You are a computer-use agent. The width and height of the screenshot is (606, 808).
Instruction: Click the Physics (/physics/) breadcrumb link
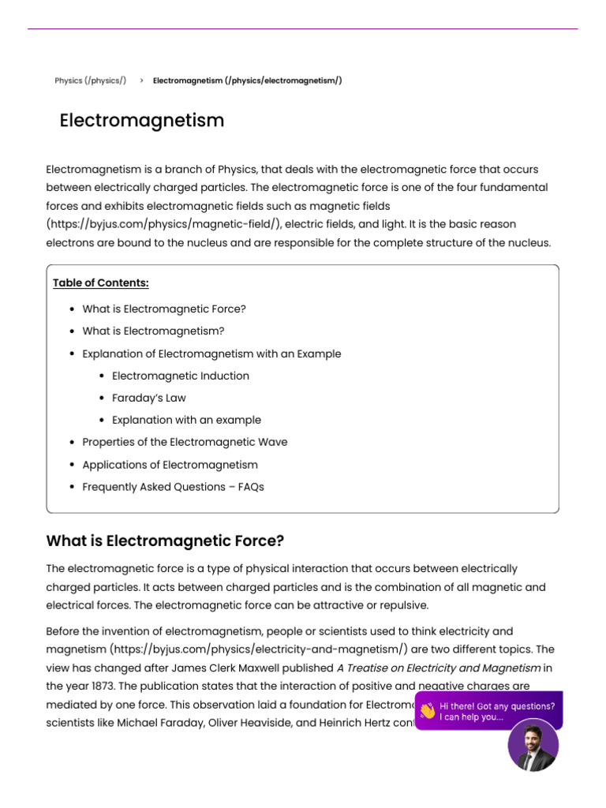coord(90,80)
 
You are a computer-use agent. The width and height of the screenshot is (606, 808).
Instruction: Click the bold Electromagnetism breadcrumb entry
coord(247,80)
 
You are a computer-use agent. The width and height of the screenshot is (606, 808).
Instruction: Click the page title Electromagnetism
coord(142,121)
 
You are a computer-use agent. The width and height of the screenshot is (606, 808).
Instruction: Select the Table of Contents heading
coord(101,283)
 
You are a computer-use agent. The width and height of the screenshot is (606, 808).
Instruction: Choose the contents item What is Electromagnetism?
coord(153,331)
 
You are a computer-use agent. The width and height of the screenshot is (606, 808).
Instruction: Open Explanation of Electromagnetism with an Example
coord(211,353)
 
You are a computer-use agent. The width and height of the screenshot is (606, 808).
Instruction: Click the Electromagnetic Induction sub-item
coord(180,376)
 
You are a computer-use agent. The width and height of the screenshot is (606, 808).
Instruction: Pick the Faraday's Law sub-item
coord(149,398)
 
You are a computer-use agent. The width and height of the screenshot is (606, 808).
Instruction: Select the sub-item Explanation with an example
coord(186,420)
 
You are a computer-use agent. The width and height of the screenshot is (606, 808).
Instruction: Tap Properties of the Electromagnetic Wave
coord(185,442)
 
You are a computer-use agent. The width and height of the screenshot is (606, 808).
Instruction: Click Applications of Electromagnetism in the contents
coord(170,465)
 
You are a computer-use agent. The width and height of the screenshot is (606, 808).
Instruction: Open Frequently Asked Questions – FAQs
coord(173,487)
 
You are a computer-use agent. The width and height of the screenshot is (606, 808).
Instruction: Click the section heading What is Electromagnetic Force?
coord(165,541)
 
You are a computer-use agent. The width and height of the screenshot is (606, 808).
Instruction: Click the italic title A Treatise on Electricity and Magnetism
coord(439,668)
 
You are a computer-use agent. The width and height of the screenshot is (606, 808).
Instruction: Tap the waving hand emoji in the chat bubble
coord(427,711)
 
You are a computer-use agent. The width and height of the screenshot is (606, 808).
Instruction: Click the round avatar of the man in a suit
coord(533,745)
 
